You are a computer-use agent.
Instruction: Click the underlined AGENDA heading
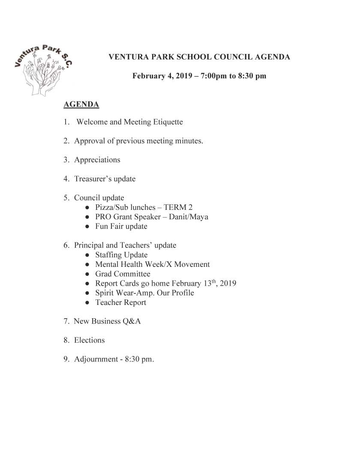(81, 104)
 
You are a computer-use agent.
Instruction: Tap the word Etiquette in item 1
(168, 122)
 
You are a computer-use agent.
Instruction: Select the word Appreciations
(97, 160)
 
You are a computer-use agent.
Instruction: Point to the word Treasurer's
(93, 179)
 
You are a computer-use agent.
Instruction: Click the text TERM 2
(178, 207)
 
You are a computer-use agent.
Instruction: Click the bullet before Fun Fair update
(87, 227)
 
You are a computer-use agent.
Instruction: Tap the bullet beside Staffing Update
(87, 255)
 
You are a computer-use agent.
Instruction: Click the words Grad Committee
(123, 274)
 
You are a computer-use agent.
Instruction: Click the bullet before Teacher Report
(87, 303)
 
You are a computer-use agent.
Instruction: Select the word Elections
(89, 340)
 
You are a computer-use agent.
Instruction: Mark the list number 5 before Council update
(66, 198)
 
